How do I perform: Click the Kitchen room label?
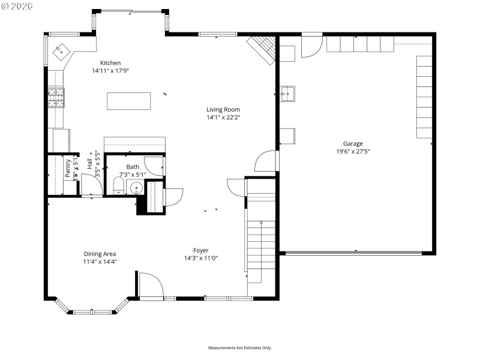(x=110, y=63)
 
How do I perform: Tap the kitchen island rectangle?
(x=128, y=101)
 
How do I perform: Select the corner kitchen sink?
(x=61, y=52)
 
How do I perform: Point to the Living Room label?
(x=223, y=109)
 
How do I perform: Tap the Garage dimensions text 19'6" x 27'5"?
(x=353, y=152)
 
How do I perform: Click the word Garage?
(x=353, y=144)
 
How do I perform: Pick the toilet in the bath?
(x=118, y=185)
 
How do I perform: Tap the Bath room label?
(x=133, y=167)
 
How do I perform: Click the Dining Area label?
(x=100, y=254)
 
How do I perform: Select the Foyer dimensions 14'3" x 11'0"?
(x=200, y=259)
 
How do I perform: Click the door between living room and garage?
(x=267, y=161)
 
